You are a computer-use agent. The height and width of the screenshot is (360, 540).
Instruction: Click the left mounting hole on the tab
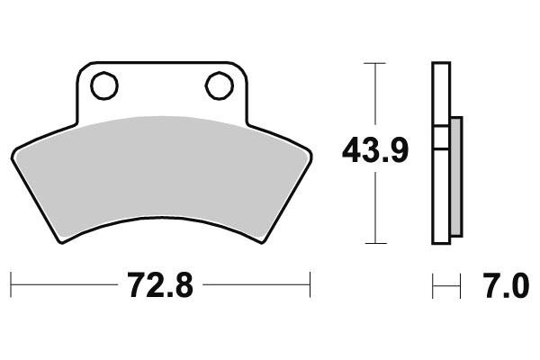tap(104, 86)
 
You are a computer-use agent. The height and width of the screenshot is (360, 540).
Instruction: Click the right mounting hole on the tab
tap(219, 86)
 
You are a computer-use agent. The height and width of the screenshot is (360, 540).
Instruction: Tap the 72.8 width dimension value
tap(159, 289)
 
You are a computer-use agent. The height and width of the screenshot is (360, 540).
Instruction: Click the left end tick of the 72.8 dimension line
tap(11, 288)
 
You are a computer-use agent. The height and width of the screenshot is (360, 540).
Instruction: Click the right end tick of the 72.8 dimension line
tap(310, 288)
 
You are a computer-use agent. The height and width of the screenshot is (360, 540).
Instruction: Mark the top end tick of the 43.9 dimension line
tap(374, 63)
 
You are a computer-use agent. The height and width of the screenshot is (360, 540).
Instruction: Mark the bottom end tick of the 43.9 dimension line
tap(374, 243)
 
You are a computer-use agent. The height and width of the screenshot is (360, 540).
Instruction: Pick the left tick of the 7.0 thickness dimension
tap(433, 288)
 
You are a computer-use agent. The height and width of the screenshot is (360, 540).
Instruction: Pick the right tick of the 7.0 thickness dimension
tap(459, 288)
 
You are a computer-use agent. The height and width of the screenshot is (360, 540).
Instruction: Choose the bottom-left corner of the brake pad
tap(61, 240)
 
